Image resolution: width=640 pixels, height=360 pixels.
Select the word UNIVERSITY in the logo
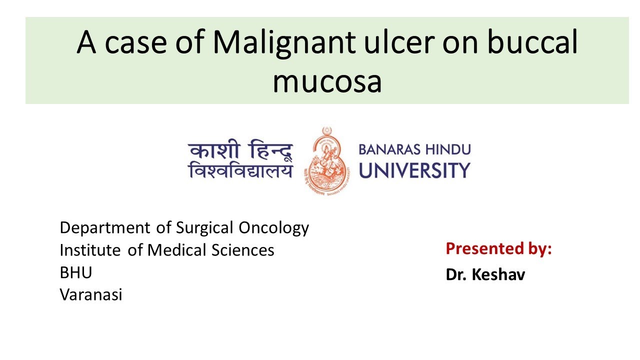(414, 170)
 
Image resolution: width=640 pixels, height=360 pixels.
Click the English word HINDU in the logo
(449, 149)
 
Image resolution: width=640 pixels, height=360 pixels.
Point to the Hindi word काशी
(211, 150)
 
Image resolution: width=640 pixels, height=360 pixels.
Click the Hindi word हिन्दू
(267, 150)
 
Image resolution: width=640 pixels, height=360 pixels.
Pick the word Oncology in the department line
(273, 228)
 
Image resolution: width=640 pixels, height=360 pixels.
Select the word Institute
(91, 250)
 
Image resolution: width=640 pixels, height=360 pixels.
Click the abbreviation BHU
(75, 272)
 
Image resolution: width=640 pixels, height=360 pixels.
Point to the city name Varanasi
(91, 295)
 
